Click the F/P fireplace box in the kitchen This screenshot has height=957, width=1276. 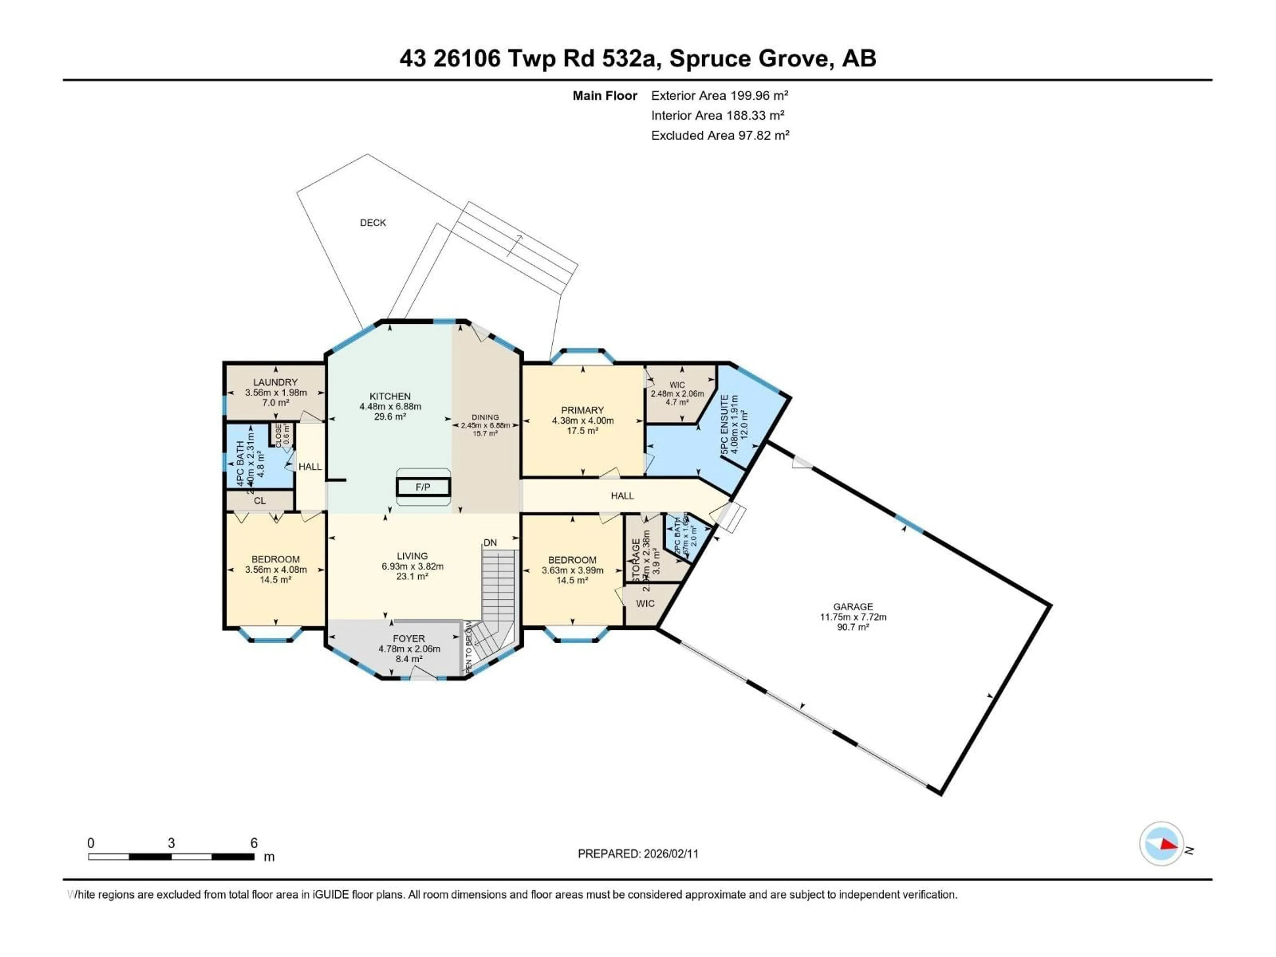(423, 487)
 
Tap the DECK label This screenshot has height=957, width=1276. (372, 223)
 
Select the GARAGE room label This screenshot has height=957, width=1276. (853, 606)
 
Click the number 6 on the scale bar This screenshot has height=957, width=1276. (254, 843)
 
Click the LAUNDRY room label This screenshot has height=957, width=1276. (275, 382)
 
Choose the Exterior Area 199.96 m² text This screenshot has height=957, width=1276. (719, 96)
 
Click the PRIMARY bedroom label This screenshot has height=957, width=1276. (582, 410)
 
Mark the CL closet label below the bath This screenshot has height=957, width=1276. (260, 501)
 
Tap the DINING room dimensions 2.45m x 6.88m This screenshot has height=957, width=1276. (485, 425)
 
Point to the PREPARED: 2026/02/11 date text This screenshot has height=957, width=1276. (638, 854)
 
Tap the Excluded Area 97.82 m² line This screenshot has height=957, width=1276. (720, 136)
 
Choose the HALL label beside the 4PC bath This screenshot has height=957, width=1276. (310, 467)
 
